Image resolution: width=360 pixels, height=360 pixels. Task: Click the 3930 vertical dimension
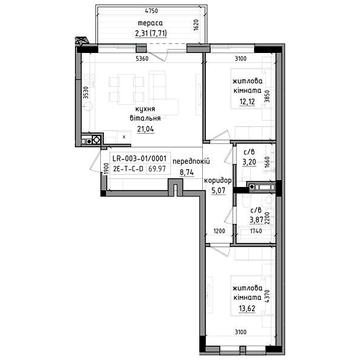87,93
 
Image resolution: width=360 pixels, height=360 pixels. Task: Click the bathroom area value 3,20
252,161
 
